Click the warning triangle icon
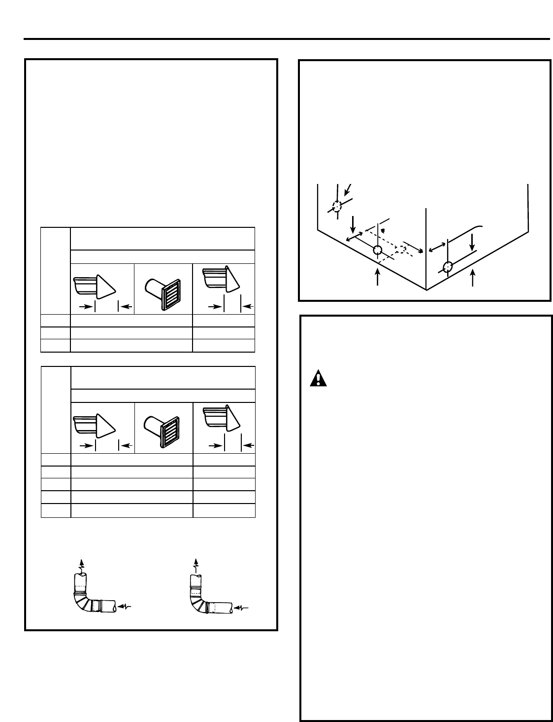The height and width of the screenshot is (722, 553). click(319, 378)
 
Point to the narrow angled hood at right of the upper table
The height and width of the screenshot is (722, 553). click(222, 281)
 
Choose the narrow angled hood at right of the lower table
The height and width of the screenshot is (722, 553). click(222, 420)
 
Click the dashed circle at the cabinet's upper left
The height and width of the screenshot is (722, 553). click(336, 206)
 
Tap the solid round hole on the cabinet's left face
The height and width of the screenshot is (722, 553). click(377, 250)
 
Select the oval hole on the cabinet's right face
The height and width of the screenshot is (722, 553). click(447, 267)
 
